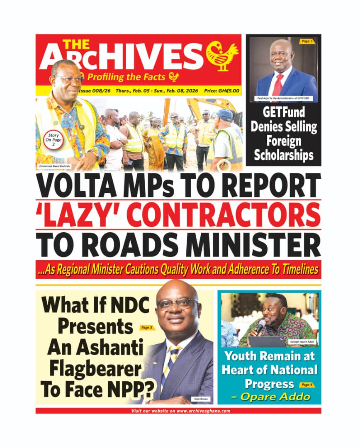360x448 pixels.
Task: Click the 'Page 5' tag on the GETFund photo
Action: click(x=307, y=41)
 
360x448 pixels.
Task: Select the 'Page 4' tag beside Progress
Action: click(x=306, y=385)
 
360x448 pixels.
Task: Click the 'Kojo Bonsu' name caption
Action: click(x=200, y=399)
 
